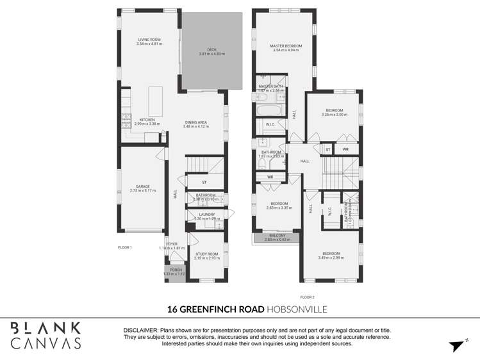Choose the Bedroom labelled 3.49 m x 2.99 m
click(331, 255)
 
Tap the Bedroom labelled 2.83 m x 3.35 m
click(279, 206)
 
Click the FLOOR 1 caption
click(124, 247)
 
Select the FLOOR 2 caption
click(308, 297)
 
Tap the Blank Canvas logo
click(46, 336)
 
